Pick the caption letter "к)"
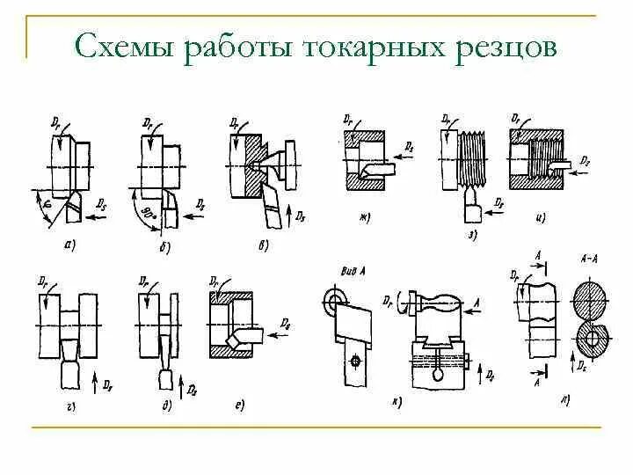397,402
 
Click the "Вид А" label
352,273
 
